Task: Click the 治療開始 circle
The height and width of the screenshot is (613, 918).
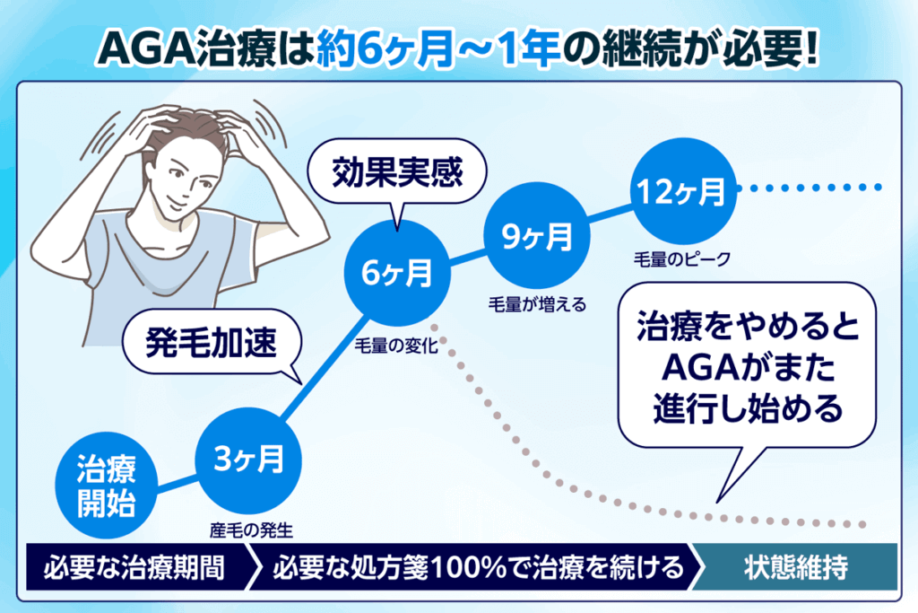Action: (107, 486)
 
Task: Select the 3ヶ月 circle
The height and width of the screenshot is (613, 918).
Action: (249, 460)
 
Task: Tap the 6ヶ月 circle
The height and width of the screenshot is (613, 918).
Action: (397, 273)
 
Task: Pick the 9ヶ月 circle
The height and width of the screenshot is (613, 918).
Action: (537, 235)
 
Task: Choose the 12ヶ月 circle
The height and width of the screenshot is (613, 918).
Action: (682, 191)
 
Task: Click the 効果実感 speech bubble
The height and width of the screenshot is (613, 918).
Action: (397, 173)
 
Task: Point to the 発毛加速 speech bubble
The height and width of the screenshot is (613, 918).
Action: (212, 342)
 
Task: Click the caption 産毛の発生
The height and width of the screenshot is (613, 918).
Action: (251, 530)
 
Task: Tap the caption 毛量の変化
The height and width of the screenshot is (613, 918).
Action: (396, 346)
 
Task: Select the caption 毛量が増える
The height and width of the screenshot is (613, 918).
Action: (538, 305)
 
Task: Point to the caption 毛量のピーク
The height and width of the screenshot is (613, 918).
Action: (682, 259)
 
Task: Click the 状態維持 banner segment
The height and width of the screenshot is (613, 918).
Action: (795, 566)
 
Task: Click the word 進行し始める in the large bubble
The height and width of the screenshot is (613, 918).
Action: (748, 408)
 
